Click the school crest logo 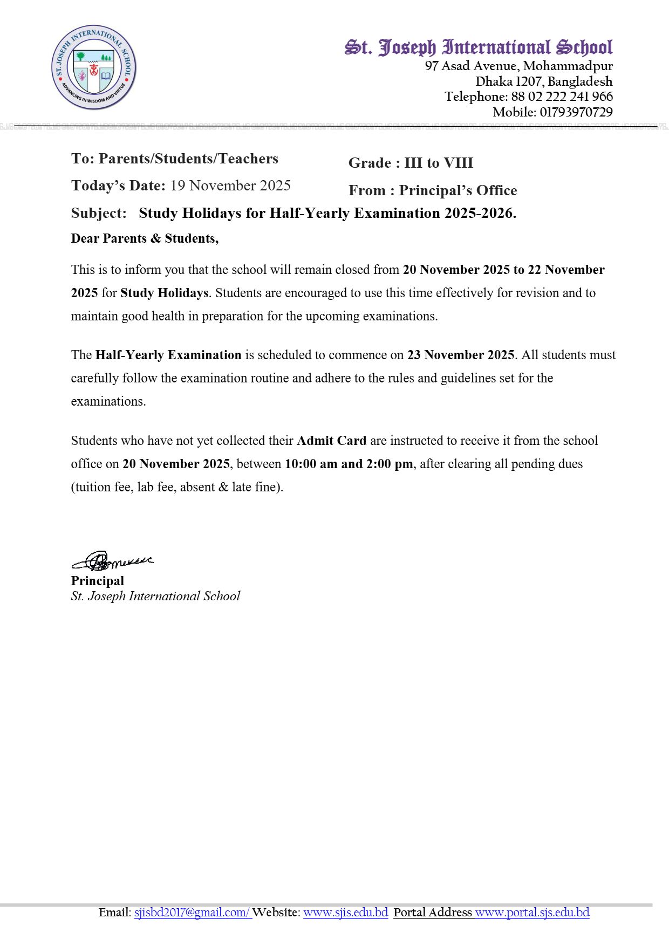click(x=94, y=67)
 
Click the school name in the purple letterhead click(x=479, y=47)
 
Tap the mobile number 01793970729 click(x=576, y=112)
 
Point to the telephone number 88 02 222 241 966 click(x=562, y=97)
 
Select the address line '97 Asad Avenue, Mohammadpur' click(x=518, y=66)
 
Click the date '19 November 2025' click(x=230, y=186)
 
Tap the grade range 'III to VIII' click(x=439, y=163)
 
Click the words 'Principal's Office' click(x=458, y=190)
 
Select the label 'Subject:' click(x=99, y=213)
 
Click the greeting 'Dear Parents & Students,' click(x=145, y=238)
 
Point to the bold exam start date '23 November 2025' click(x=461, y=355)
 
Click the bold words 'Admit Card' click(x=331, y=441)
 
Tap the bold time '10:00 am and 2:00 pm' click(x=349, y=464)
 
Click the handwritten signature click(x=112, y=561)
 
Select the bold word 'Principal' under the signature click(x=98, y=581)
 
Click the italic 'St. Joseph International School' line click(x=155, y=596)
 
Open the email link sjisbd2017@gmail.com click(x=192, y=912)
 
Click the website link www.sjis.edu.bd click(x=345, y=912)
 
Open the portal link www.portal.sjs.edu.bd click(x=532, y=912)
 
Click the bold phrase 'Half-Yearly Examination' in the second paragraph click(x=168, y=355)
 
